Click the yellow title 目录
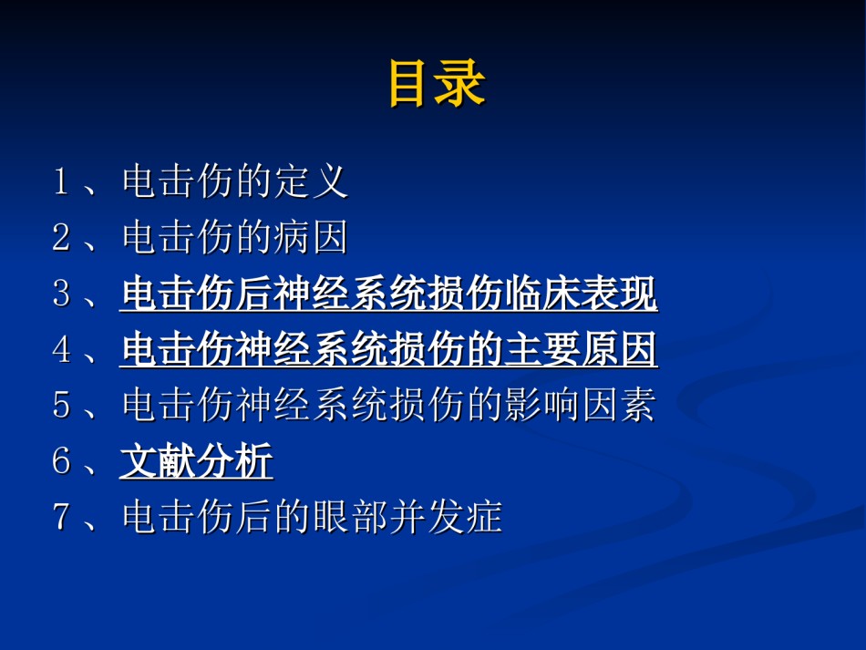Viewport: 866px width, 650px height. pos(437,83)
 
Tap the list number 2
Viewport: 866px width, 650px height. pos(61,236)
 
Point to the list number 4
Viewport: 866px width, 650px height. pos(61,348)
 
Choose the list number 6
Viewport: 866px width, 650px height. pos(61,460)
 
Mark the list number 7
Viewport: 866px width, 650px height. pos(61,516)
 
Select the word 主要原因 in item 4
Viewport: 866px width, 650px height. pos(580,349)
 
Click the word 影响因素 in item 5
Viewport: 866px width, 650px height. pos(580,405)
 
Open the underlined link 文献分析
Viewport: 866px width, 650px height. pos(197,461)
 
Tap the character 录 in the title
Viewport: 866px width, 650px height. pos(460,83)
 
